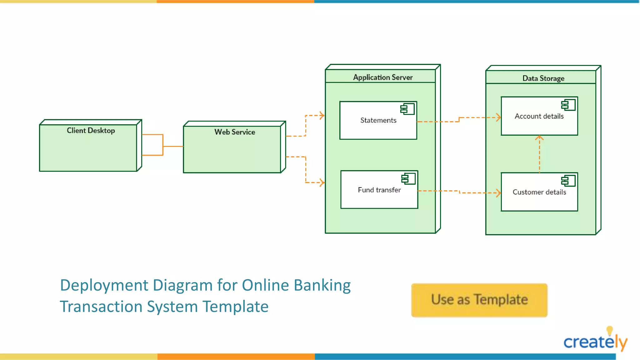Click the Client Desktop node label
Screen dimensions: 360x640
(91, 130)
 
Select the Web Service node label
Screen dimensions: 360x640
(235, 132)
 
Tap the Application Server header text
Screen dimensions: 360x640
(382, 77)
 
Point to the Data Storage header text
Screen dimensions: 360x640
(543, 78)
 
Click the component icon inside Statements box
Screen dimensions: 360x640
(407, 109)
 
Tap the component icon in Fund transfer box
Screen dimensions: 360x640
(408, 178)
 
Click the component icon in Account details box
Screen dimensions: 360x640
(568, 105)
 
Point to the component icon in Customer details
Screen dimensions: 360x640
(568, 181)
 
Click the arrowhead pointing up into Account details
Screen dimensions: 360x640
(539, 138)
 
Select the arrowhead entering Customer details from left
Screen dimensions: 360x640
(498, 193)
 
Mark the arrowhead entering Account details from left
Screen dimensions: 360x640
(498, 117)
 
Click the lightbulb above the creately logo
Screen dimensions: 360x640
(609, 330)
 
